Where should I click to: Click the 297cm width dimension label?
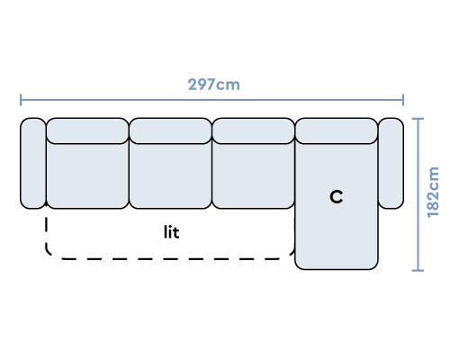[x=214, y=85]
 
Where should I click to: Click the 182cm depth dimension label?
[x=433, y=193]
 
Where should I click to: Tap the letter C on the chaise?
[x=337, y=197]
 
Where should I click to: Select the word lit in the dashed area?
[x=172, y=232]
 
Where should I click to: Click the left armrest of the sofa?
[x=33, y=163]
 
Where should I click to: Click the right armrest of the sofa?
[x=391, y=163]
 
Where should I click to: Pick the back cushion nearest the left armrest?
[x=87, y=130]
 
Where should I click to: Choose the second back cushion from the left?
[x=170, y=130]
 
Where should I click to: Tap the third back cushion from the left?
[x=253, y=130]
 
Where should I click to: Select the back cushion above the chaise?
[x=337, y=130]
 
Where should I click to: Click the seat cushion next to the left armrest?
[x=87, y=176]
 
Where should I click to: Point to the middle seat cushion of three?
[x=170, y=176]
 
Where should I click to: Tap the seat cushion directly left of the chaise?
[x=253, y=176]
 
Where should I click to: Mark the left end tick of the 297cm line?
[x=21, y=100]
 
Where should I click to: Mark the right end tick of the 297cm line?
[x=403, y=100]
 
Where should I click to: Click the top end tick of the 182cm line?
[x=418, y=119]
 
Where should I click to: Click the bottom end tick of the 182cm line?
[x=418, y=271]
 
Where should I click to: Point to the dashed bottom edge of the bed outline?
[x=171, y=258]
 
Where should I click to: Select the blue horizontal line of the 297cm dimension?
[x=211, y=100]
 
